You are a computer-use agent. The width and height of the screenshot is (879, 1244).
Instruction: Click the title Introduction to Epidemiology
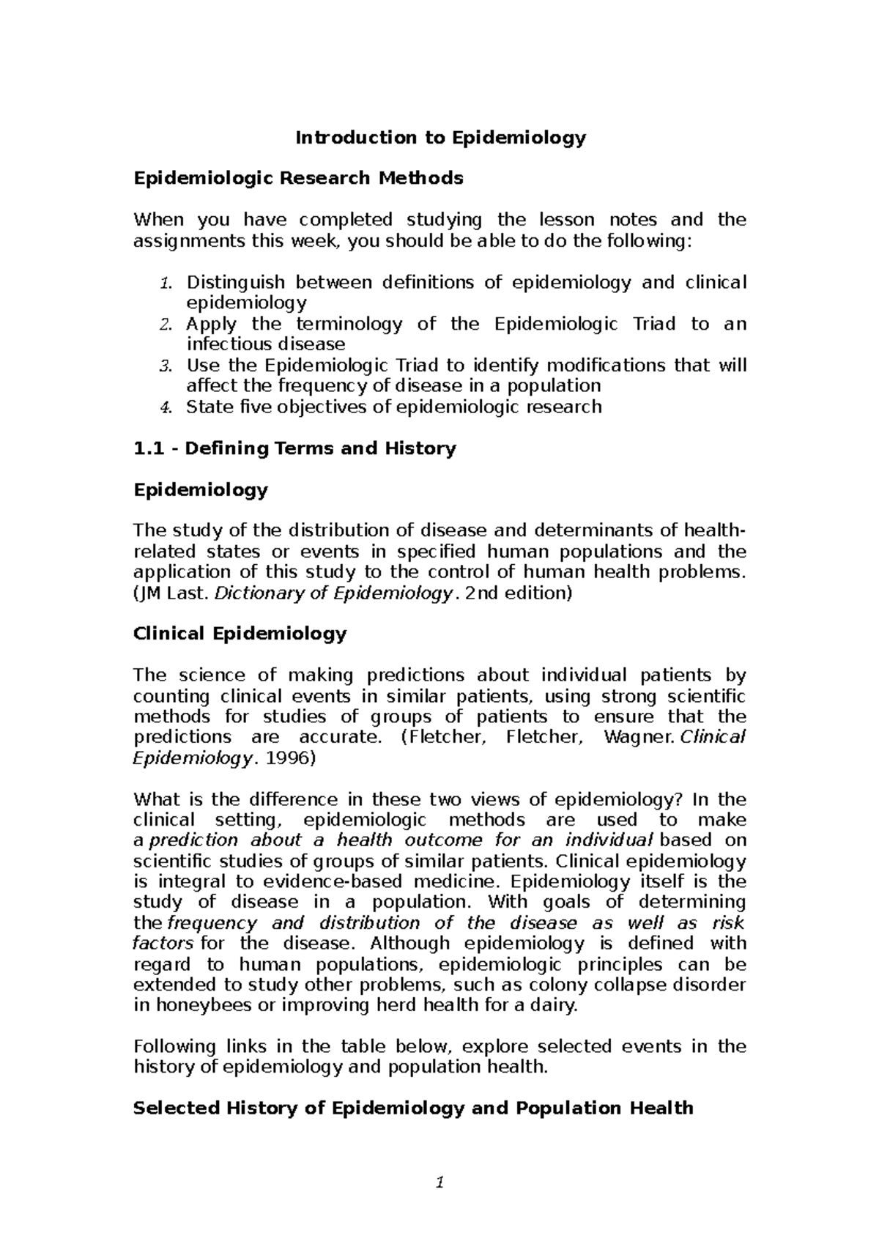(x=440, y=138)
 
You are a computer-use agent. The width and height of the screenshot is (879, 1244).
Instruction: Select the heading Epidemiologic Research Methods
(x=298, y=178)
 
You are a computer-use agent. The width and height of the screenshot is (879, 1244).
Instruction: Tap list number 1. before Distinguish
(x=166, y=283)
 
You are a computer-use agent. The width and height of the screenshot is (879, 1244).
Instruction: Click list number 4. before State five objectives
(x=166, y=407)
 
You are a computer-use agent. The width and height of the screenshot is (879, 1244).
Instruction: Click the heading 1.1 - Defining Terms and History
(x=294, y=448)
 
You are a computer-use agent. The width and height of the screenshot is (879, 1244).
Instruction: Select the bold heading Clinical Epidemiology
(x=240, y=634)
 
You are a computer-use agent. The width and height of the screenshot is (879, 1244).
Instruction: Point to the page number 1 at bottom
(x=439, y=1182)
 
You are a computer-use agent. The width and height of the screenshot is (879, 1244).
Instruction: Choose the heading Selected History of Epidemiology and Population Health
(x=412, y=1108)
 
